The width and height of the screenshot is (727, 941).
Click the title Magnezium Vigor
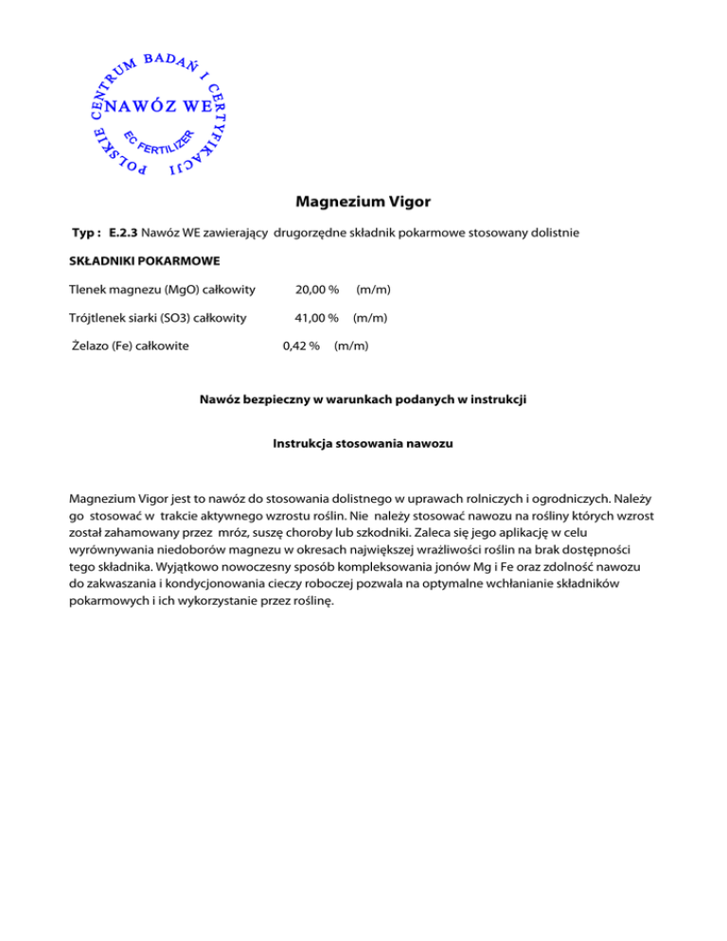(x=363, y=202)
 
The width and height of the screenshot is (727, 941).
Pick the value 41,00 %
(x=317, y=318)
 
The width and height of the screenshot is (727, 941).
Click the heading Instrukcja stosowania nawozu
(x=363, y=442)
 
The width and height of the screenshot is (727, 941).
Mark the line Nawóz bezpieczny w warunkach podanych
(x=363, y=400)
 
